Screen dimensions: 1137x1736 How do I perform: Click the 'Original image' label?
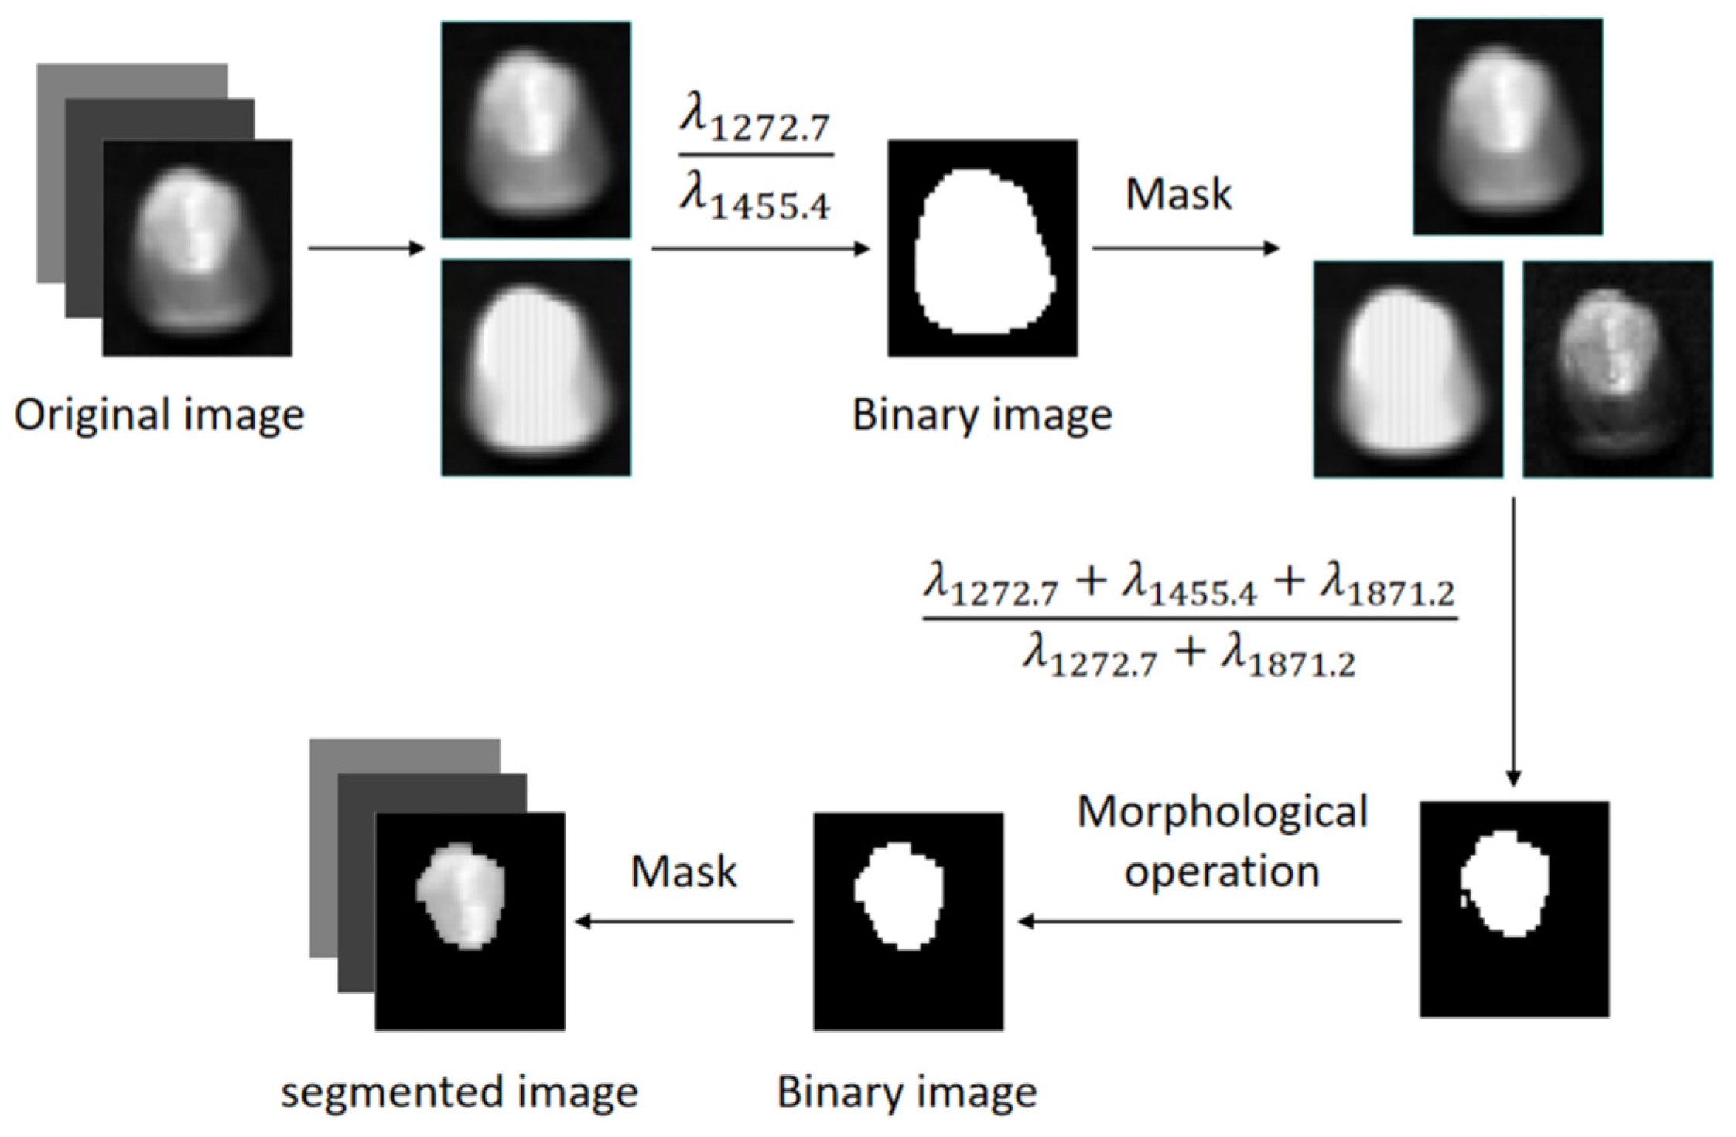159,415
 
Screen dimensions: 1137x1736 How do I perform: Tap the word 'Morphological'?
1222,813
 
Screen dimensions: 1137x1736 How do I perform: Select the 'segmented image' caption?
459,1092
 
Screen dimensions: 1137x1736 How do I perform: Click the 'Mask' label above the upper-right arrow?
1177,194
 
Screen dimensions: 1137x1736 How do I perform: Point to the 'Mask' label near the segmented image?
683,872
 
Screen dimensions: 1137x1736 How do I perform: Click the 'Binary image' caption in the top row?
982,415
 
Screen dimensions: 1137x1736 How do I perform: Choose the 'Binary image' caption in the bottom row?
907,1092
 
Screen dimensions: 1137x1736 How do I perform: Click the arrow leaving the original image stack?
366,248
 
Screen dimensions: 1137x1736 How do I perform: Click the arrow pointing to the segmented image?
684,921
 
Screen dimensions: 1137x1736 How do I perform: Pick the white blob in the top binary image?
982,251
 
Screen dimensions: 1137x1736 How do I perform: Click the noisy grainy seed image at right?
1617,369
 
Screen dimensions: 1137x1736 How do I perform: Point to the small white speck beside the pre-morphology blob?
1464,900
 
